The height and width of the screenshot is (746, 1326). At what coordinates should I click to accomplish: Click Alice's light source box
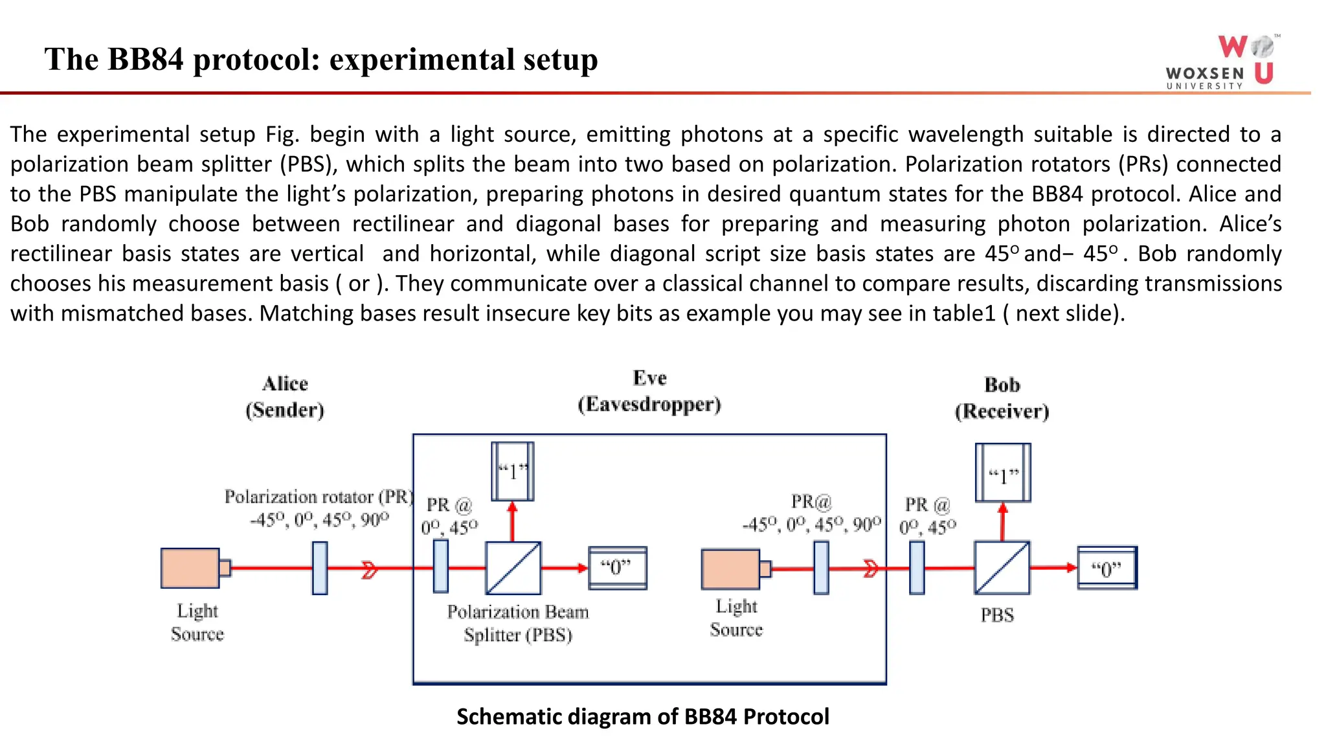point(190,568)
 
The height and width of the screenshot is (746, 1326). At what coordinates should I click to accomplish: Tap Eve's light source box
point(730,569)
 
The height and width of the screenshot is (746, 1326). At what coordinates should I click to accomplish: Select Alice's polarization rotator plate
point(319,568)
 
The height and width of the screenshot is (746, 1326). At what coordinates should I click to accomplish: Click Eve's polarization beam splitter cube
point(513,568)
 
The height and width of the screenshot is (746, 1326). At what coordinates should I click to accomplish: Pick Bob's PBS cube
point(1002,568)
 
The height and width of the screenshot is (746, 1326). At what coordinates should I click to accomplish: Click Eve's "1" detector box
point(512,471)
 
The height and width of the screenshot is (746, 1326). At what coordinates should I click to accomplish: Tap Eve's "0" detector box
point(617,568)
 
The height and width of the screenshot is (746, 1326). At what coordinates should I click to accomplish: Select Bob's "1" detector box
point(1002,473)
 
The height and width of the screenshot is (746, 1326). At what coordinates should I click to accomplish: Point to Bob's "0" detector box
point(1107,568)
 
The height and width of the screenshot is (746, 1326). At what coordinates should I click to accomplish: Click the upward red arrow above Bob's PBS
point(1002,521)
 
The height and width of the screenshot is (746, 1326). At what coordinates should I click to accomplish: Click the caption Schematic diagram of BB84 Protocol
point(642,717)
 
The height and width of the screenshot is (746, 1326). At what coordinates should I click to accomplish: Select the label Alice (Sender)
point(285,397)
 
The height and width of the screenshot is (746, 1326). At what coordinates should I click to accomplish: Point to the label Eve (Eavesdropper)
point(649,391)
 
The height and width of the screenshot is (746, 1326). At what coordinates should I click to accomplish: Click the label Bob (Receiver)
point(1002,398)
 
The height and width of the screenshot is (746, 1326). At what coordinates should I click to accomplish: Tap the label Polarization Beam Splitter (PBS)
point(518,623)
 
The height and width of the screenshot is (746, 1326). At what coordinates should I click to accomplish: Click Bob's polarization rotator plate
point(916,568)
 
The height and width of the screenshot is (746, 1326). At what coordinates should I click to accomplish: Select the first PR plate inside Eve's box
point(440,567)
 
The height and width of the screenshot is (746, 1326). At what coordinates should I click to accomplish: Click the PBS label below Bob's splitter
point(996,615)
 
